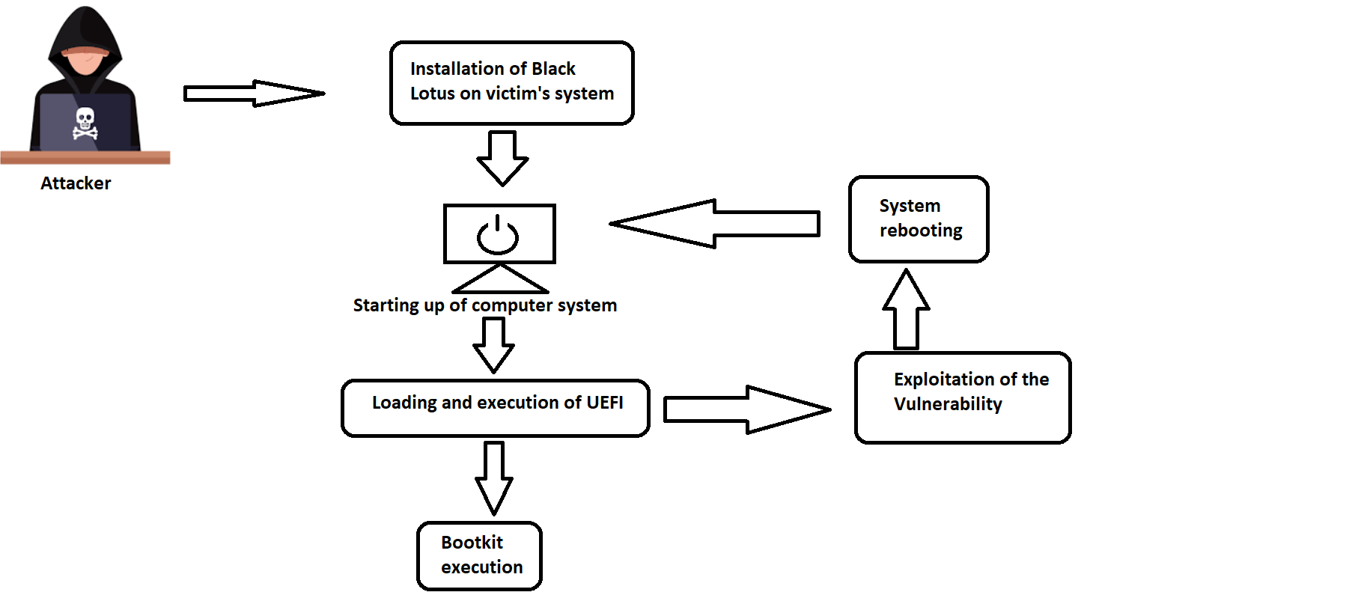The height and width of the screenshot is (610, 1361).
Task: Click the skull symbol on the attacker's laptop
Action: click(x=85, y=123)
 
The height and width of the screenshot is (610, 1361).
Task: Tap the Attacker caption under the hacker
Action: click(x=76, y=183)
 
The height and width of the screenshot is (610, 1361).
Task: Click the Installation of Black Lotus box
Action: click(x=511, y=82)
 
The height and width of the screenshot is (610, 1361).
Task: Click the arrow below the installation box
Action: click(x=502, y=158)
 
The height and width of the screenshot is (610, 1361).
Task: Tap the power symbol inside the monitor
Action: click(x=498, y=236)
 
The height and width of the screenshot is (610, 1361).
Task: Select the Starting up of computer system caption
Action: click(x=484, y=305)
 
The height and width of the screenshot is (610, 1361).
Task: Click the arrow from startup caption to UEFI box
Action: click(x=493, y=345)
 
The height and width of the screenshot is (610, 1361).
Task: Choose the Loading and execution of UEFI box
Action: click(x=495, y=408)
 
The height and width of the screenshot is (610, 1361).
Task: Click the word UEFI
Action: click(x=605, y=403)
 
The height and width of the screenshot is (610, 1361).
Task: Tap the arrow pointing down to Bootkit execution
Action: click(x=494, y=478)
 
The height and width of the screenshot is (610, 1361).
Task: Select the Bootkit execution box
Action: click(x=479, y=556)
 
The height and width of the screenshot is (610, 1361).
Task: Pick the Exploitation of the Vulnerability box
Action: click(x=963, y=397)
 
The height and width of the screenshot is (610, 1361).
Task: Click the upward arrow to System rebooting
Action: click(x=906, y=309)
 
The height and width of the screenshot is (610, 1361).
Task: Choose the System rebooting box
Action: click(x=919, y=219)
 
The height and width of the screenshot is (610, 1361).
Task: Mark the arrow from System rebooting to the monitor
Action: click(x=715, y=223)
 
